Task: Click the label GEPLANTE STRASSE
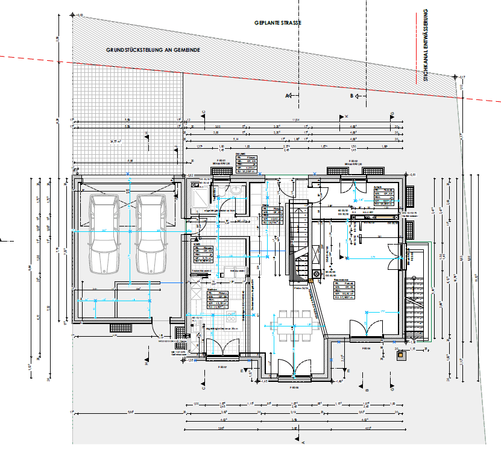pos(277,22)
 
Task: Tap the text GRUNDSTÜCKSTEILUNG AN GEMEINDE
pos(153,51)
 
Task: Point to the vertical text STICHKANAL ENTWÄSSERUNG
pos(425,45)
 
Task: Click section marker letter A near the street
pos(288,96)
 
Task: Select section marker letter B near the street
pos(352,96)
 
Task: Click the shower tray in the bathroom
pos(199,196)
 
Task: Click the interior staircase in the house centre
pos(300,241)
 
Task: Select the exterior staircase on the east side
pos(415,307)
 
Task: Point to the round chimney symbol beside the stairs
pos(317,275)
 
